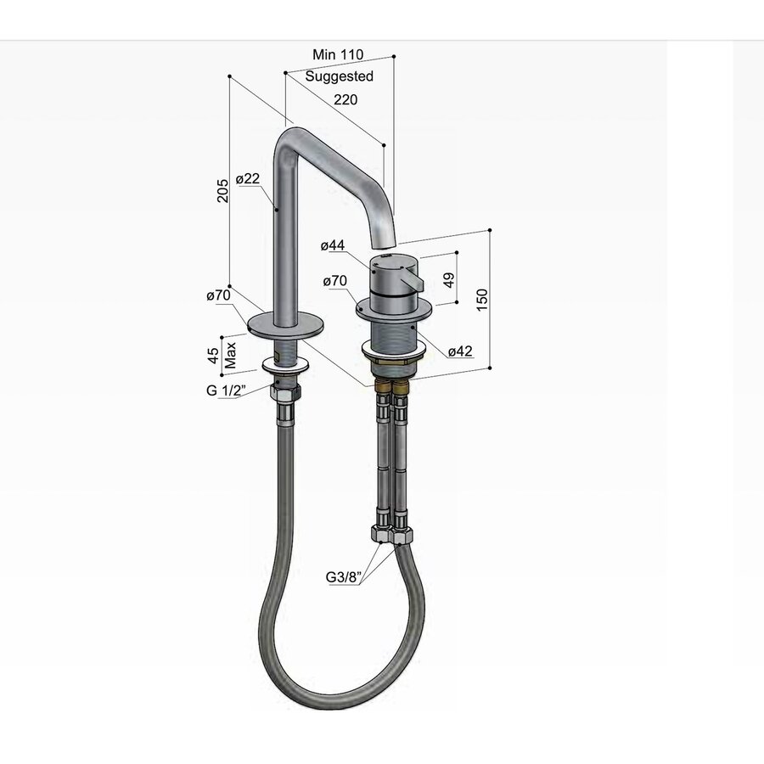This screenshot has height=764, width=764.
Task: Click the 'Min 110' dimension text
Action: click(338, 54)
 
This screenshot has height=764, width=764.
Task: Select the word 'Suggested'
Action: click(340, 76)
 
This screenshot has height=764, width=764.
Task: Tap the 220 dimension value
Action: click(345, 99)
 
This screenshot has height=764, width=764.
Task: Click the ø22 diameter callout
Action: click(247, 179)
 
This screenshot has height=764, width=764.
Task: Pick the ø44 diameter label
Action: click(333, 246)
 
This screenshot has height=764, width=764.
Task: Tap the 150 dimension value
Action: click(483, 301)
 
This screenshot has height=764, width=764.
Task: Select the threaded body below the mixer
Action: click(393, 332)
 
